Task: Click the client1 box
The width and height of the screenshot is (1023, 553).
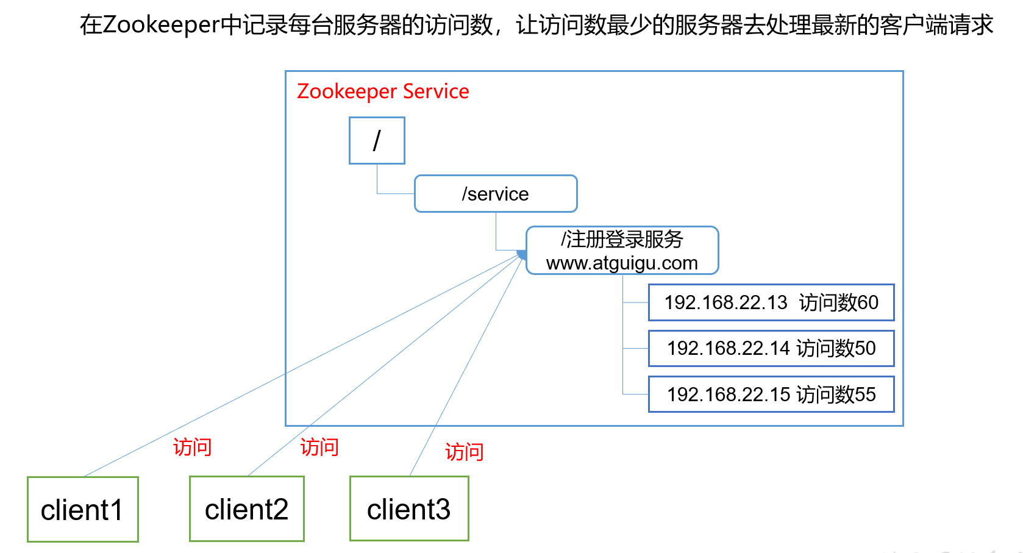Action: (82, 509)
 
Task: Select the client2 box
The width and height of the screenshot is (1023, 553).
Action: (246, 509)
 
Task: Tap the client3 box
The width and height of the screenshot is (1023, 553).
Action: (408, 508)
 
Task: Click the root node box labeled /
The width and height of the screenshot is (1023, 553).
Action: (377, 141)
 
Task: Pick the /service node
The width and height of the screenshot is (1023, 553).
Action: (495, 194)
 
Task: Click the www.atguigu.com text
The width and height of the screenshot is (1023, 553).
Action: (622, 263)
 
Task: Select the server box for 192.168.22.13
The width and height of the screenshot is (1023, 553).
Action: (771, 302)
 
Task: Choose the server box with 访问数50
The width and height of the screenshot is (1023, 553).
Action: (771, 348)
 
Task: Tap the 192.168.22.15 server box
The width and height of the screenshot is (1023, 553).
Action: (771, 394)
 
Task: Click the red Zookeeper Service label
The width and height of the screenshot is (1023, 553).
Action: (383, 91)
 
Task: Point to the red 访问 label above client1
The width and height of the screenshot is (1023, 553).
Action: (192, 448)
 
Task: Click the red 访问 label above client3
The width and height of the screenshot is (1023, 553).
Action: (464, 452)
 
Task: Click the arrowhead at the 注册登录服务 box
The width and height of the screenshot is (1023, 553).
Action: (521, 255)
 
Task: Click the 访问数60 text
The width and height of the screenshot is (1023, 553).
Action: (838, 302)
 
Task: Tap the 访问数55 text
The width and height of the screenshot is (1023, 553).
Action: (836, 394)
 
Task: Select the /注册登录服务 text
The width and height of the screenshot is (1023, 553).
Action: (622, 239)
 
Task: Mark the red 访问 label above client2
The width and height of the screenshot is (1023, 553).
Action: (319, 448)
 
